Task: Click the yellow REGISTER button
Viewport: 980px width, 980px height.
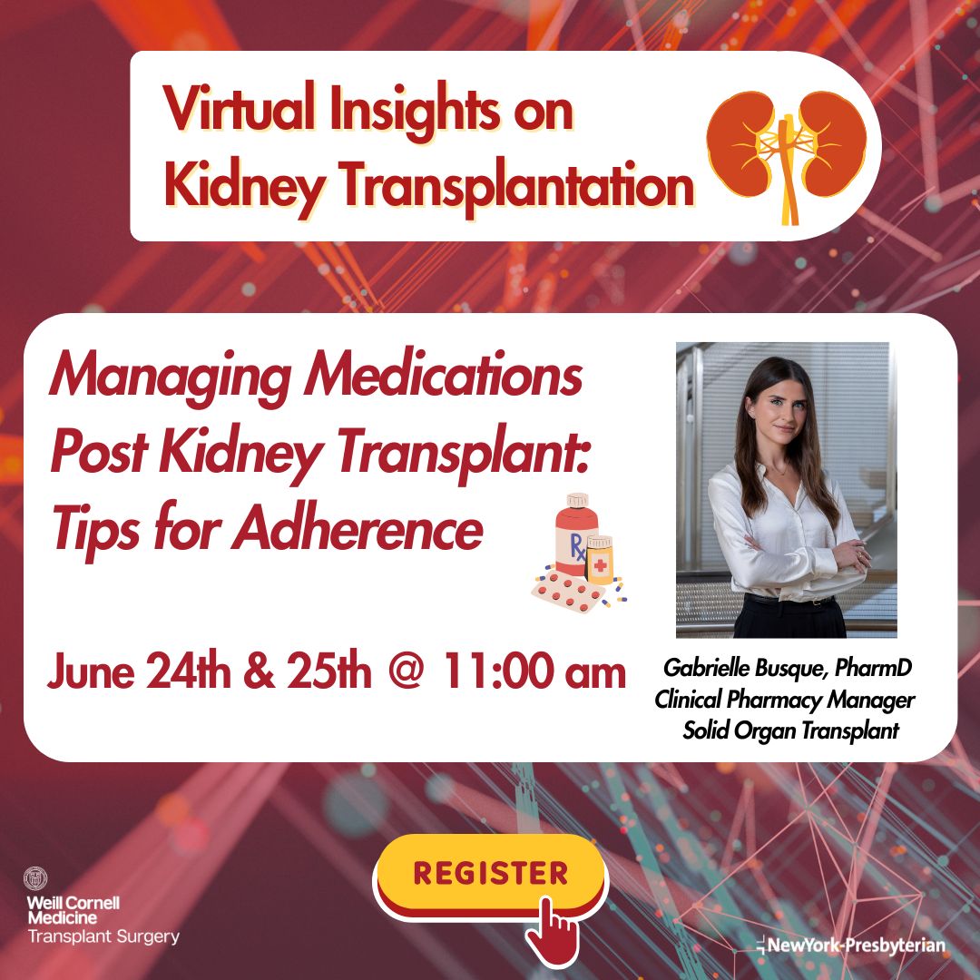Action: pos(490,873)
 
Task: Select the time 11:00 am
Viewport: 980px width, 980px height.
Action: pos(534,673)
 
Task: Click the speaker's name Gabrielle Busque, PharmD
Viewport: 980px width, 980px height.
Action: pos(787,670)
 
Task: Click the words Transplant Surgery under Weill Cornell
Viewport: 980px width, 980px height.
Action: pos(103,936)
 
